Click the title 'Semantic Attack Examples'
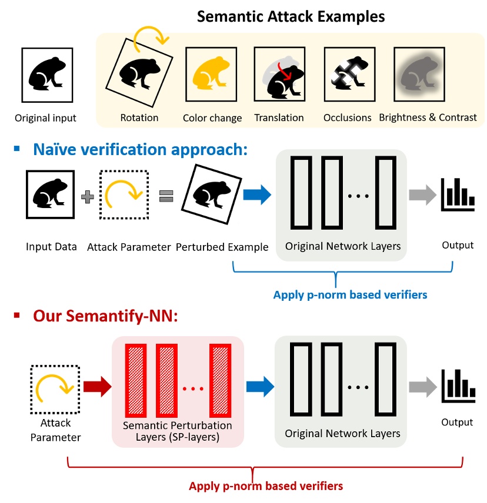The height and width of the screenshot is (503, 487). [291, 16]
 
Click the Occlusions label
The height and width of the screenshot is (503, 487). [347, 118]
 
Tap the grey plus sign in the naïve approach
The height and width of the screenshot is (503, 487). [87, 197]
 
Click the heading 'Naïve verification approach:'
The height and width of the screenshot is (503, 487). [139, 149]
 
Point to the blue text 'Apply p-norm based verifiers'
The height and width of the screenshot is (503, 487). [349, 294]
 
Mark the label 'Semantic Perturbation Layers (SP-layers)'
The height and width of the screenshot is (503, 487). [176, 431]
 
